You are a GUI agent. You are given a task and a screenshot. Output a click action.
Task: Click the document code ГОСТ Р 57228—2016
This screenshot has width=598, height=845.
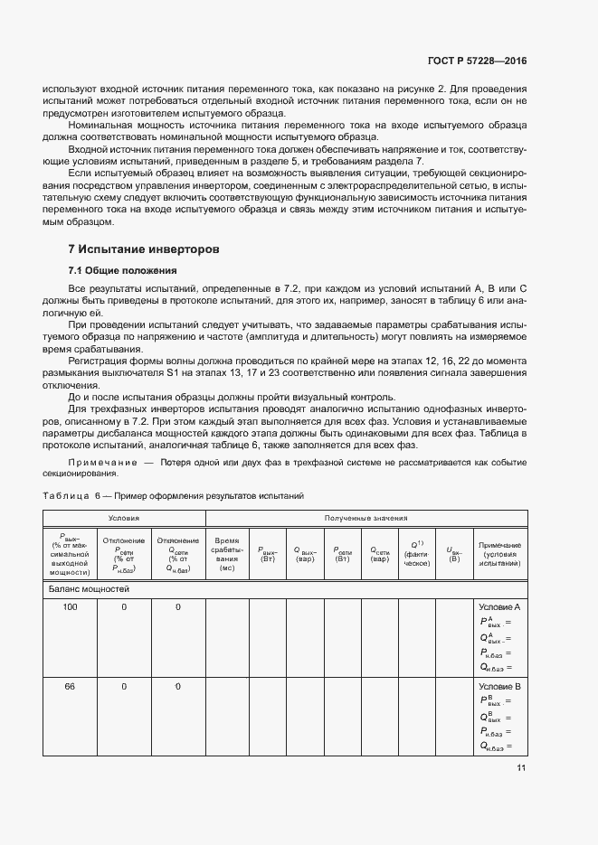(x=476, y=61)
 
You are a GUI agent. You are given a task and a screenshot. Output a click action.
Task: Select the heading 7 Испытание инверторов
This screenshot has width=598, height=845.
(x=144, y=249)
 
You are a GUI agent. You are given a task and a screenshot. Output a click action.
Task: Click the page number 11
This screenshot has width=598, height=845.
(x=521, y=768)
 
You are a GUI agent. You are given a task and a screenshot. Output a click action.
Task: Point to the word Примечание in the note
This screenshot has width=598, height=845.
(x=99, y=462)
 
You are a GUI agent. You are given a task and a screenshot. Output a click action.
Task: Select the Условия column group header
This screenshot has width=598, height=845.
(x=123, y=518)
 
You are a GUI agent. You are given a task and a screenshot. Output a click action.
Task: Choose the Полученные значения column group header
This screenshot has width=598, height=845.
(x=365, y=518)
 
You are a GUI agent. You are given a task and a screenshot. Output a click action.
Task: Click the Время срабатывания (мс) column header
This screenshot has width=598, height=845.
(x=226, y=553)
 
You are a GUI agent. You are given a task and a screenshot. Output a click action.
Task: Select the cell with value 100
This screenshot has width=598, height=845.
(x=70, y=607)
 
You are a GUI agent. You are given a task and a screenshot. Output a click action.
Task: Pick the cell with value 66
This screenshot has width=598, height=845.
(x=70, y=687)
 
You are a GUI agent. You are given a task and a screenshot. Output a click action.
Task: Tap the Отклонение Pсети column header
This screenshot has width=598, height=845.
(x=123, y=553)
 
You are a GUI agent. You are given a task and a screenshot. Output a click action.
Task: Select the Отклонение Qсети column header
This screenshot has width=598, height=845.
(x=177, y=553)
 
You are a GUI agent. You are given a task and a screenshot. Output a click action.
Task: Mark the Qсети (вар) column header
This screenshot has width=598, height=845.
(x=380, y=553)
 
